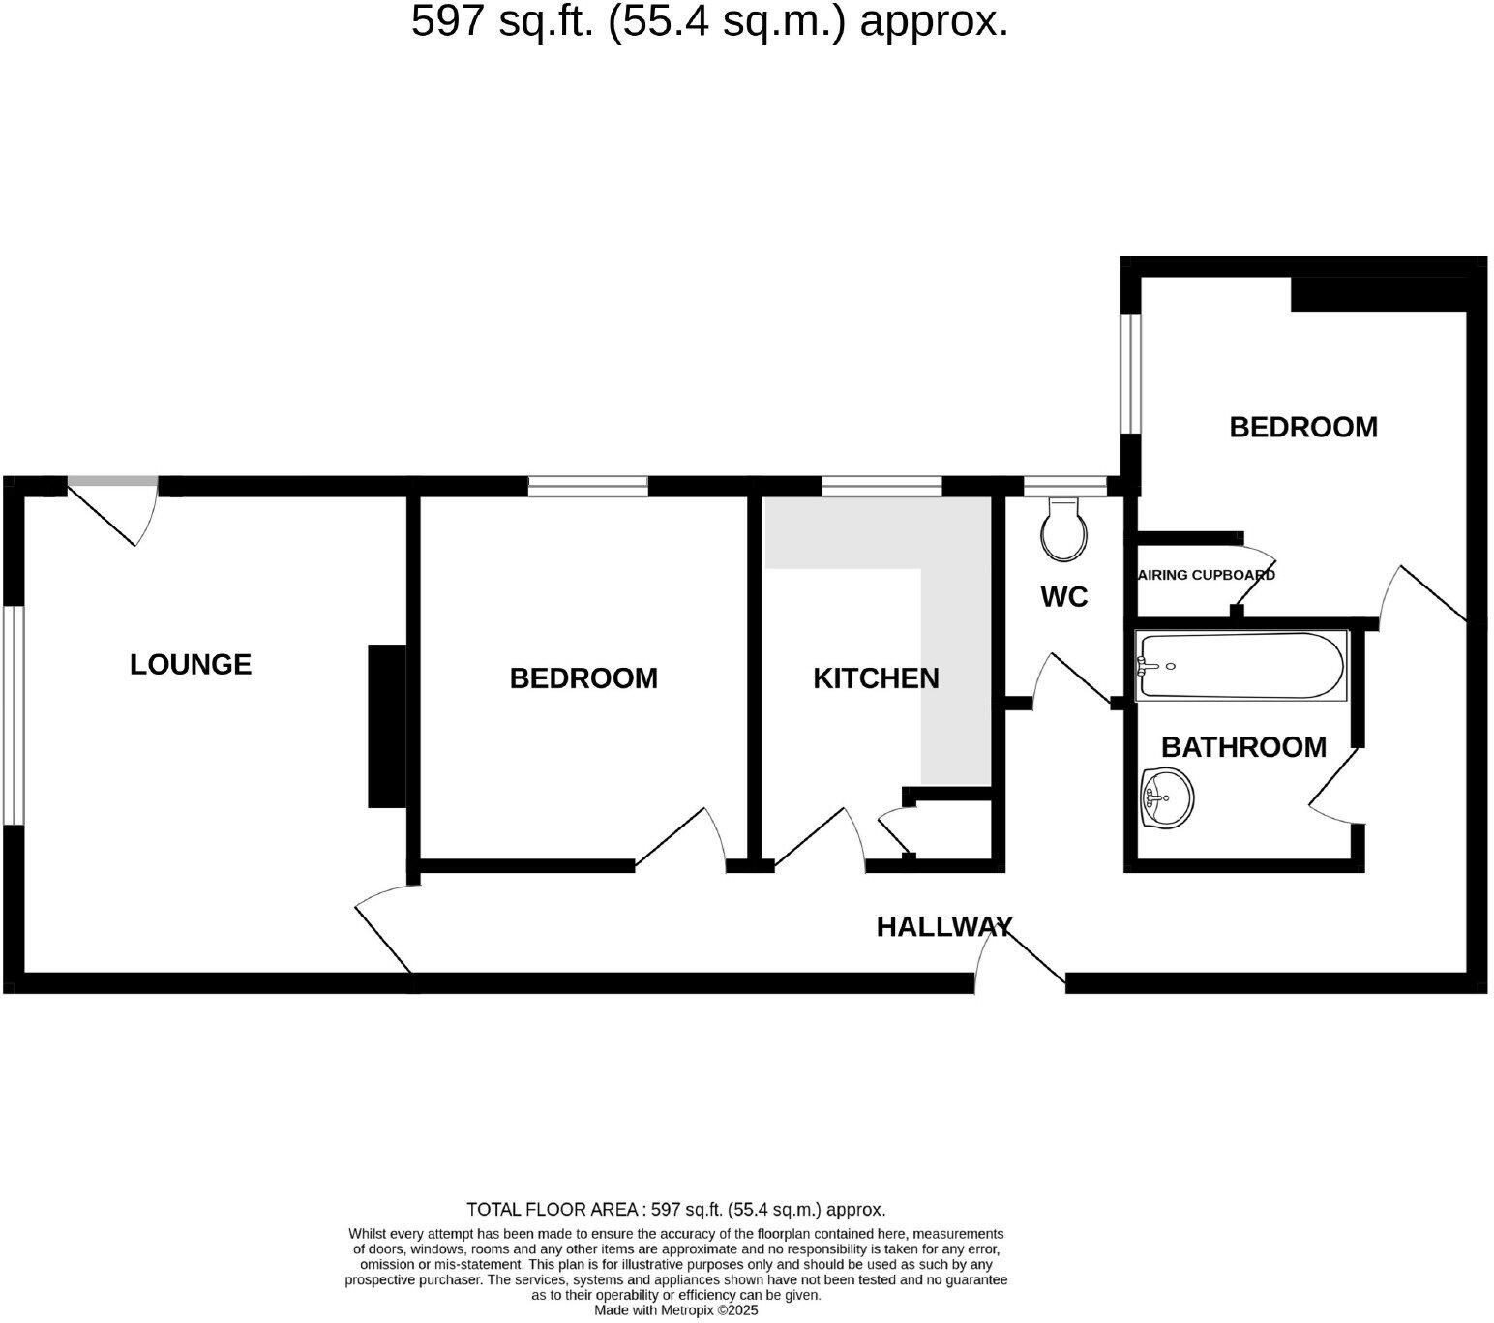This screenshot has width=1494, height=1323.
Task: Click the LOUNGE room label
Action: pos(191,664)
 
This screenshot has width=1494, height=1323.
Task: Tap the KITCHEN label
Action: pos(876,678)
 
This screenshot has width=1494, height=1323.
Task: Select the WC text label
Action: pos(1063,597)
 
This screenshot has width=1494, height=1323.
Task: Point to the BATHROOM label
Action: pos(1243,747)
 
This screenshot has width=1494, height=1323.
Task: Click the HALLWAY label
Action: pos(944,927)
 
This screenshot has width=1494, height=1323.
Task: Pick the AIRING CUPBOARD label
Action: pos(1207,575)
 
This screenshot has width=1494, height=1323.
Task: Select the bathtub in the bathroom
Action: pos(1240,665)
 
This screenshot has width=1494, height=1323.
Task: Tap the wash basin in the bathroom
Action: pos(1167,798)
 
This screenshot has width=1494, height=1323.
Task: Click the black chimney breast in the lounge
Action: pos(386,726)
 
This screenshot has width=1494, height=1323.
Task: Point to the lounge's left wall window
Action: pos(12,716)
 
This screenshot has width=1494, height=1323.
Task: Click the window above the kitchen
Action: pos(881,486)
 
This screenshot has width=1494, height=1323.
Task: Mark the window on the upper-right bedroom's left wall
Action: pos(1130,373)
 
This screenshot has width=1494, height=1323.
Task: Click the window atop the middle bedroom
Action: pos(587,486)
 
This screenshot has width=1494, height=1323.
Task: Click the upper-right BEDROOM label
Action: pos(1302,427)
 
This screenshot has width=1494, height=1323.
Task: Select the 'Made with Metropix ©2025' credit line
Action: pos(675,1310)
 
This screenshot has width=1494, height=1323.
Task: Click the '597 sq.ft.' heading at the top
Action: pos(709,21)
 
